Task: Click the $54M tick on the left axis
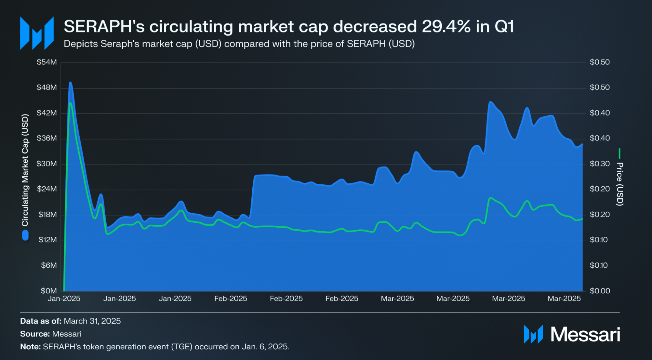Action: click(47, 62)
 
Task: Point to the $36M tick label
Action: click(47, 138)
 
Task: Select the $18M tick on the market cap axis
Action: click(47, 214)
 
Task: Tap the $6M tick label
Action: click(49, 265)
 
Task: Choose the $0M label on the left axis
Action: click(49, 291)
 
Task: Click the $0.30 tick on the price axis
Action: click(600, 164)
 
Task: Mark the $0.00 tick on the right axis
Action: click(600, 291)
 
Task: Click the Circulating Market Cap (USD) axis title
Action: click(25, 170)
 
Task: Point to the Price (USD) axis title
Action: click(620, 184)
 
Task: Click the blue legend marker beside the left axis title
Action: click(25, 235)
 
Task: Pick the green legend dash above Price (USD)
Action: click(619, 154)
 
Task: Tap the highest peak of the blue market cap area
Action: click(70, 82)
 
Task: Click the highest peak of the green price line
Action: click(70, 103)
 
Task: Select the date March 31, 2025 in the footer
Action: click(92, 321)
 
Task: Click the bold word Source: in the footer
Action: click(35, 334)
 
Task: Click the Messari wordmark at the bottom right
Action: click(585, 334)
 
